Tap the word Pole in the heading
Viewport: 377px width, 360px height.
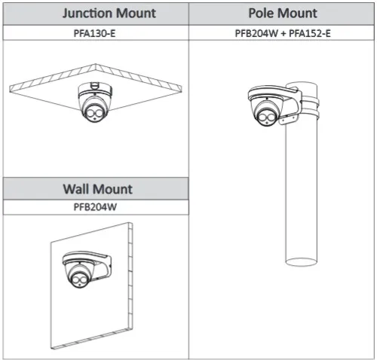point(260,13)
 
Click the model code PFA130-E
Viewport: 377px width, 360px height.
point(94,33)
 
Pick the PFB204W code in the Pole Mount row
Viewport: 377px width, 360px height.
point(256,33)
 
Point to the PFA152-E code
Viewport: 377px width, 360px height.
point(310,33)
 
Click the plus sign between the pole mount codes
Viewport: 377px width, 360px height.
point(284,33)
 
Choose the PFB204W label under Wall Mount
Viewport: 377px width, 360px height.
point(95,207)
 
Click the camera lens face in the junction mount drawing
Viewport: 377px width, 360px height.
point(94,113)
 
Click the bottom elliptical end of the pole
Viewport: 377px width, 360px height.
point(301,261)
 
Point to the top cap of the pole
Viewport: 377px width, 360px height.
point(302,85)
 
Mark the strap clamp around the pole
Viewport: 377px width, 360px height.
point(310,108)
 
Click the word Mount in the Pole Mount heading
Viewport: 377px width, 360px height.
point(296,13)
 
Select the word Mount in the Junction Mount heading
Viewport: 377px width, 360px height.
point(136,14)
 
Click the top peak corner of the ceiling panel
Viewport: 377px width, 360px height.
point(96,64)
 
